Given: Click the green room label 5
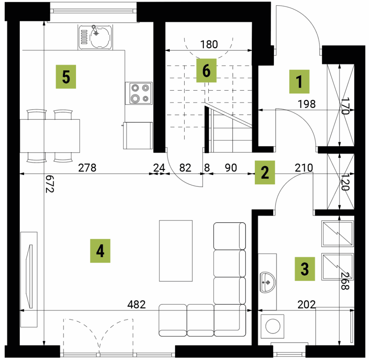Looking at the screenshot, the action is click(66, 76).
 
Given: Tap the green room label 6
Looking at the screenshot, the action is click(206, 70).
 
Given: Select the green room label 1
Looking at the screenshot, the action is click(299, 82).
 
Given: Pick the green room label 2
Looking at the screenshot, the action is click(265, 172).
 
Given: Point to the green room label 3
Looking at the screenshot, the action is click(305, 269).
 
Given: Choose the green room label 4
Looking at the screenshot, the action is click(100, 251).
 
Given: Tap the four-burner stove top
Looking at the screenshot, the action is click(139, 93).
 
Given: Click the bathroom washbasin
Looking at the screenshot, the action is click(268, 282).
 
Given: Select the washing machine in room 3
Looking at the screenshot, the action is click(272, 326).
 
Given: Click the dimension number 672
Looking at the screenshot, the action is click(50, 184).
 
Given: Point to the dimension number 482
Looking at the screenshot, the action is click(137, 304).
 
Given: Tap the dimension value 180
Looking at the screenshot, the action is click(209, 44).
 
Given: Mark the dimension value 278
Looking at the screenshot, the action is click(87, 168).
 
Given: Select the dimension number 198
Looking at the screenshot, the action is click(307, 104).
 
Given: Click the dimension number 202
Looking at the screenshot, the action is click(307, 304).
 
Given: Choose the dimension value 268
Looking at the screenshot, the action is click(345, 281).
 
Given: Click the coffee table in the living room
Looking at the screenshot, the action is click(176, 251).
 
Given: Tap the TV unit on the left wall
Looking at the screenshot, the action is click(29, 280).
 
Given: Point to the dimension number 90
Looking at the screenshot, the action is click(231, 168).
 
